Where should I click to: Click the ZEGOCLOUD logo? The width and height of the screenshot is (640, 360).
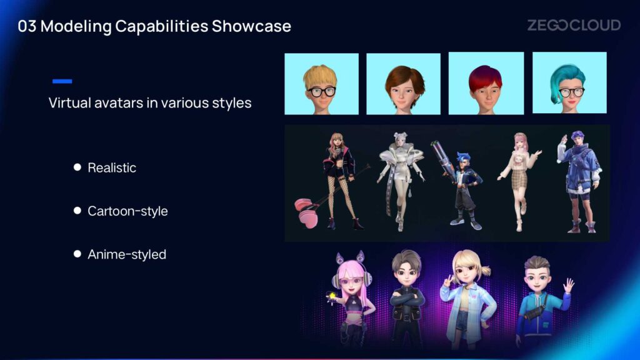point(574,25)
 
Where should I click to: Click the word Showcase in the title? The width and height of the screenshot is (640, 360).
point(251,26)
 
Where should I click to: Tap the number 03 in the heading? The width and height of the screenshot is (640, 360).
point(27,26)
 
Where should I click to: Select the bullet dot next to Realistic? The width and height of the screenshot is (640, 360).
point(77,167)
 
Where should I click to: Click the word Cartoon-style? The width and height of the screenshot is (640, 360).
point(127,211)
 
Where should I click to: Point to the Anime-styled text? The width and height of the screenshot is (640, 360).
point(127,254)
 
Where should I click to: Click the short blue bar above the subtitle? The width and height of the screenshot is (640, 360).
point(62,81)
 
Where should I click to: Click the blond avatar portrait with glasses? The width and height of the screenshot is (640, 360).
point(322,84)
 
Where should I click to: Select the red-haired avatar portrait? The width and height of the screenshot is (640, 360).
point(486,83)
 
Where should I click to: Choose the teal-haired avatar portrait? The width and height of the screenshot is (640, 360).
point(569,82)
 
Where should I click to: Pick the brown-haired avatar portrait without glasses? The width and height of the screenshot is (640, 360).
point(403,84)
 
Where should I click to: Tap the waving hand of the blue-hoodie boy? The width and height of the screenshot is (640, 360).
point(568,285)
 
